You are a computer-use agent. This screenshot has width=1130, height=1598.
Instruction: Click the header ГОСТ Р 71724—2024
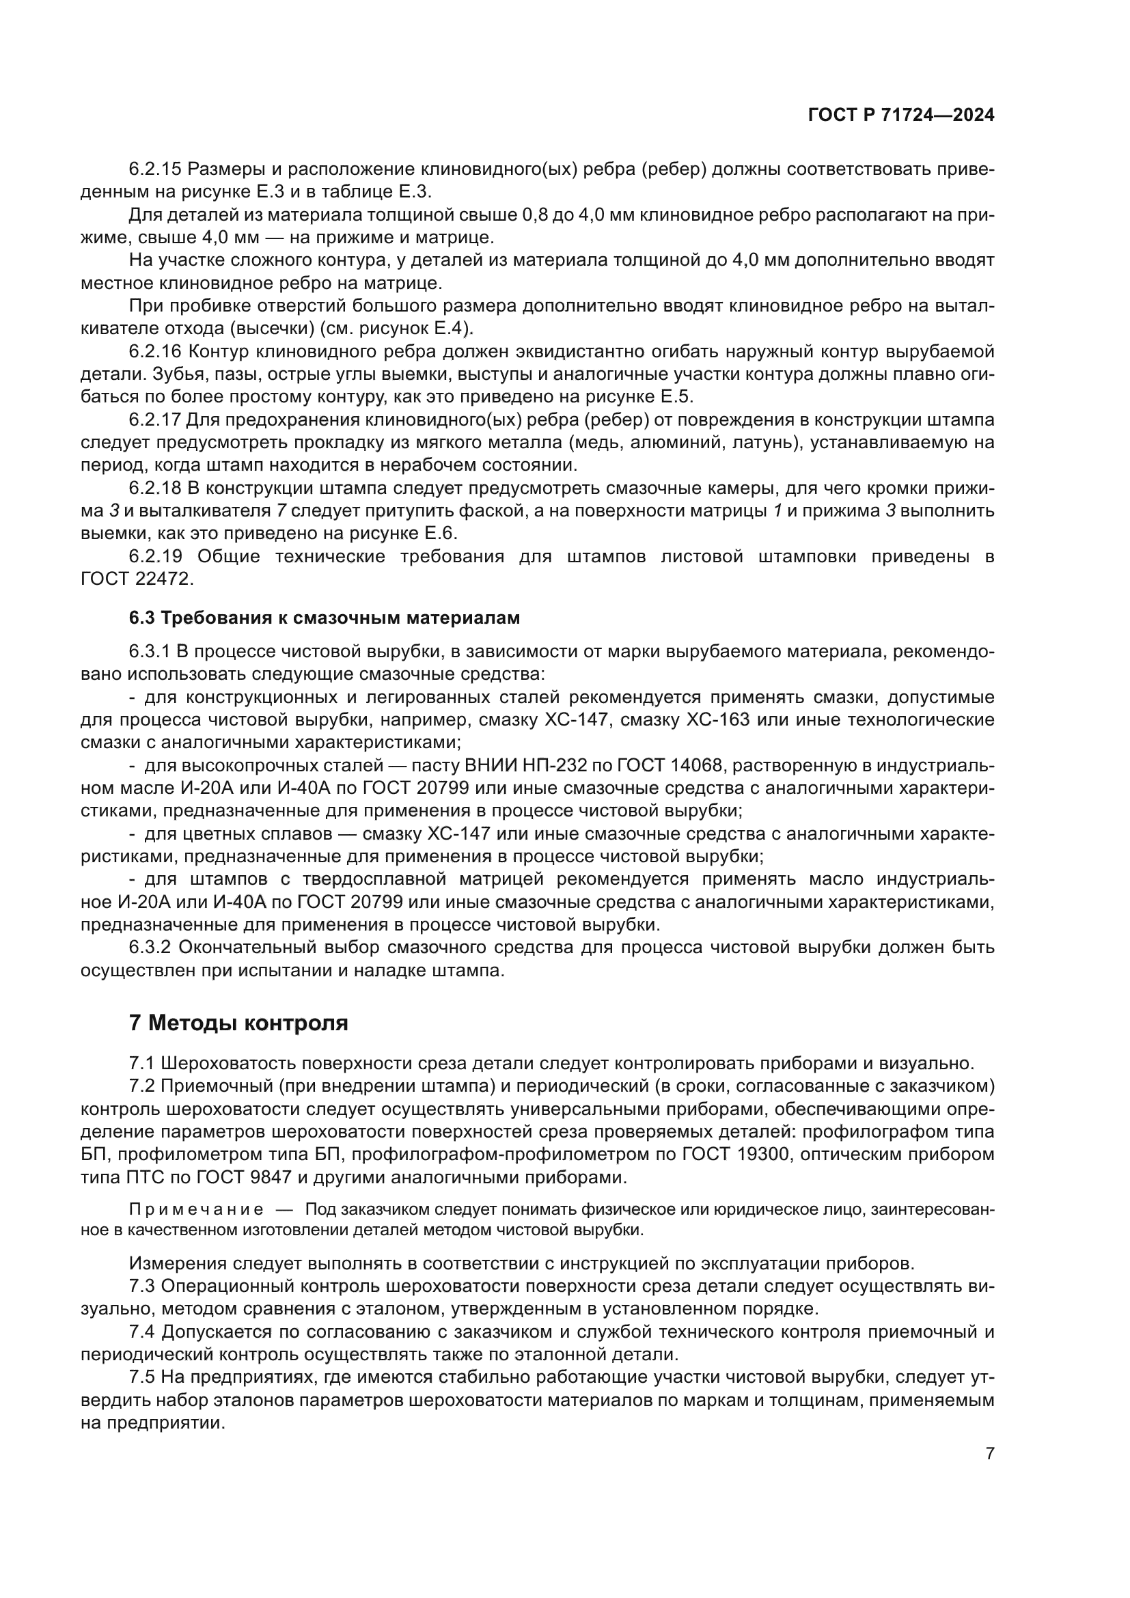pos(900,115)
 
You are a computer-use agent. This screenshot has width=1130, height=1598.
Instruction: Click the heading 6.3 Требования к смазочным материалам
pos(325,618)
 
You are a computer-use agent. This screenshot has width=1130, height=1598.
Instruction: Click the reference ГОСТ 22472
pos(136,579)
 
